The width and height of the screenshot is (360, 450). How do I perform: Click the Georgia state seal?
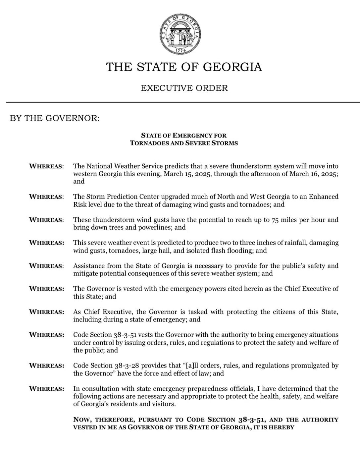tap(180, 34)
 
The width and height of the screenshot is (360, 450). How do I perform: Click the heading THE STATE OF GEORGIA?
tap(184, 67)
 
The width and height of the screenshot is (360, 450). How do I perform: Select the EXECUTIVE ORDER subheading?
tap(184, 88)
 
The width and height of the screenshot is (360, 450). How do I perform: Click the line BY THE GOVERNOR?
tap(55, 118)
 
